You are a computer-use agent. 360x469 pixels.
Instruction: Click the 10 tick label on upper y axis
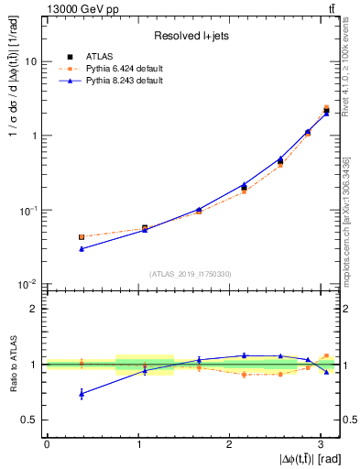30,61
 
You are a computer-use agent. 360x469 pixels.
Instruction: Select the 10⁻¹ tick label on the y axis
27,210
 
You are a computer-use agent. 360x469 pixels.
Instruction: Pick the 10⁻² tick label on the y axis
27,284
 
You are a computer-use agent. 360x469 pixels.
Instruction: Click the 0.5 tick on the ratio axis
28,420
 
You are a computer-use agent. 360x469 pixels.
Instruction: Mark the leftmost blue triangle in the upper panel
82,248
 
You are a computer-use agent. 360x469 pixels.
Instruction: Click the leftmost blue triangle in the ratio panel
82,394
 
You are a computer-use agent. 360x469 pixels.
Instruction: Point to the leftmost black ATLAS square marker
82,237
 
